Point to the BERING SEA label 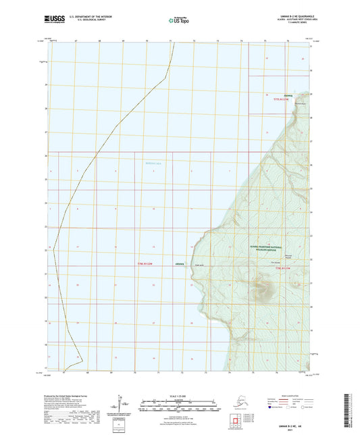click(154, 163)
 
